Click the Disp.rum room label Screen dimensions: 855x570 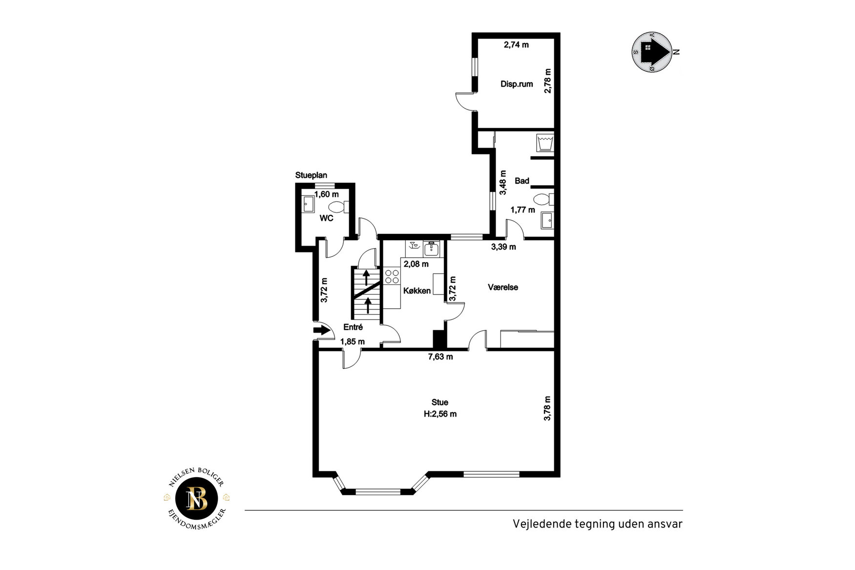tap(517, 84)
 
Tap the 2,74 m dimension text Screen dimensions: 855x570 tap(516, 45)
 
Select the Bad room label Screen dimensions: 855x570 tap(522, 181)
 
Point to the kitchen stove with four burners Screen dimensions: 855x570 tap(392, 276)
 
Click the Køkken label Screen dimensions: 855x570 tap(417, 291)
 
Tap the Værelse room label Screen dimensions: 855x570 tap(503, 287)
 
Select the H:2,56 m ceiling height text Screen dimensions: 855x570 tap(440, 414)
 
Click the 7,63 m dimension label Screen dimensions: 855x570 tap(440, 357)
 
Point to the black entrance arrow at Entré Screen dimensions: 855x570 tap(321, 331)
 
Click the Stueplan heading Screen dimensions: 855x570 tap(311, 175)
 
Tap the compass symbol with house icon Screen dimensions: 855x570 tap(653, 52)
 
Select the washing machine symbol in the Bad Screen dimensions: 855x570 tap(545, 143)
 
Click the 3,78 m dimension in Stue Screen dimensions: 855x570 tap(547, 408)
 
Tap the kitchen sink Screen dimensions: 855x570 tap(432, 249)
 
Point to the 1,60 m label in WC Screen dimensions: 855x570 tap(326, 194)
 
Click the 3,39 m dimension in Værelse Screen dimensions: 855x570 tap(503, 247)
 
